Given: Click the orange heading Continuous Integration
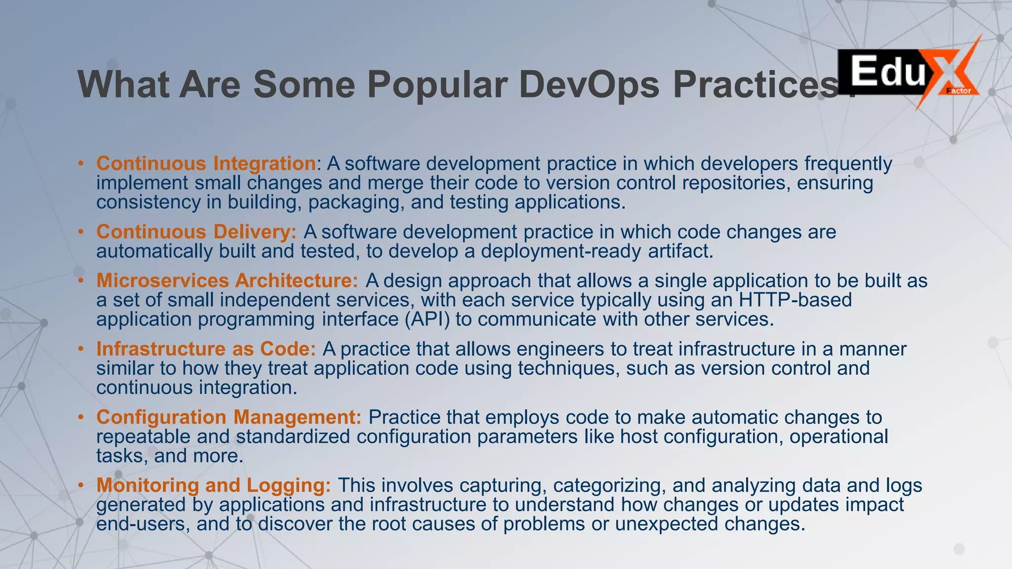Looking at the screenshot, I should click(206, 163).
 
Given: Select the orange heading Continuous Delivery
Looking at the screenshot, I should click(196, 232).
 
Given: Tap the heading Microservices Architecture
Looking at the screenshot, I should click(227, 281).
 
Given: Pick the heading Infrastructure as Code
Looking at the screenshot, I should click(206, 349).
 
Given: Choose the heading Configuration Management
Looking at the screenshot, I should click(229, 417).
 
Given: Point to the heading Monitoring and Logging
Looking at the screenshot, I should click(213, 485).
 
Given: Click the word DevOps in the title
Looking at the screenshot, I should click(589, 84).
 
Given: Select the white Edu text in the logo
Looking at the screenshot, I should click(887, 72).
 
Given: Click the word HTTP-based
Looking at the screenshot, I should click(795, 300).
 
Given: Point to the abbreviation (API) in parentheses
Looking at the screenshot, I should click(427, 319).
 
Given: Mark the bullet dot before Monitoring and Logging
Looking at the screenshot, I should click(81, 485).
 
